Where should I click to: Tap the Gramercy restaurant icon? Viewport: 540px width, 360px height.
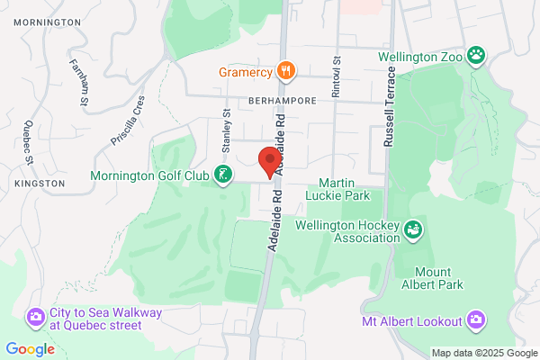(286, 69)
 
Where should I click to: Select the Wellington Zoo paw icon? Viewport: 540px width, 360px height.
(477, 55)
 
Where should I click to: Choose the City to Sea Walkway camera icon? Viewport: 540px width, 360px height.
(36, 317)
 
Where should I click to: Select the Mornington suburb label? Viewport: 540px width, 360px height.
(47, 21)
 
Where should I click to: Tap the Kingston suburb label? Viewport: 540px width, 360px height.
(40, 183)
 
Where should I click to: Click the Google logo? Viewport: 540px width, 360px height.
(29, 349)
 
